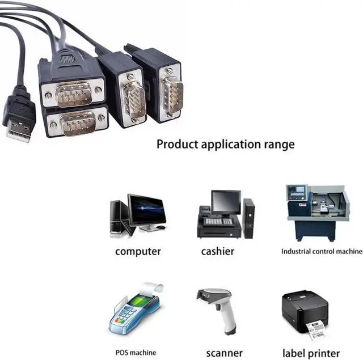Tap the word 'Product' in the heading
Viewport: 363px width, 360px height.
176,144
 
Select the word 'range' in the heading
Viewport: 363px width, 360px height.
280,145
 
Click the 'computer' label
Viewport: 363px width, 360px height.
138,251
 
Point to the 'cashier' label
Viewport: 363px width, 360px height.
217,251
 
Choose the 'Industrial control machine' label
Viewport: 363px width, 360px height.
321,251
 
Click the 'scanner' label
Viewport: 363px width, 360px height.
224,353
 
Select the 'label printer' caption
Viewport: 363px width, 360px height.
311,353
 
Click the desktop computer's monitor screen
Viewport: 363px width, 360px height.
147,210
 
